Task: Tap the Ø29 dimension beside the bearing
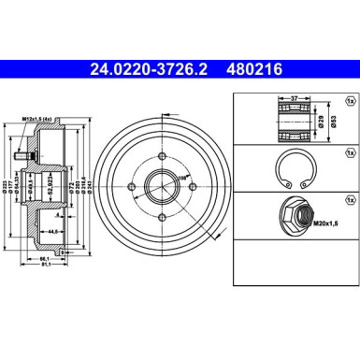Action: click(x=319, y=119)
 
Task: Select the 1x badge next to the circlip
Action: click(x=349, y=150)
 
